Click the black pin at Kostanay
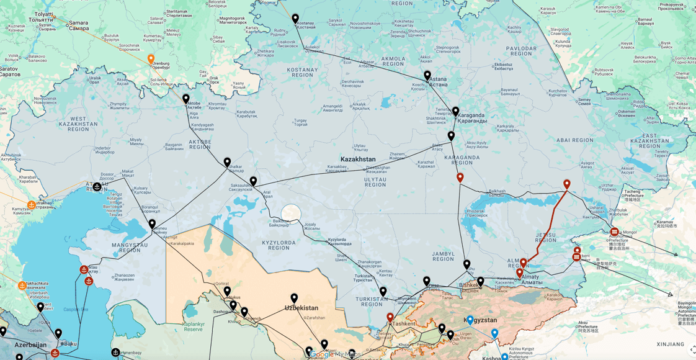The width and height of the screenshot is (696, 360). coord(295,19)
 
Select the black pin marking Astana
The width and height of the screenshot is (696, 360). coord(427,75)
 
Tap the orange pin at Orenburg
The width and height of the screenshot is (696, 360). coord(151,59)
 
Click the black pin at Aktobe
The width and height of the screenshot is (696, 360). coord(186,99)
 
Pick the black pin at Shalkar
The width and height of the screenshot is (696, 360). coord(228,162)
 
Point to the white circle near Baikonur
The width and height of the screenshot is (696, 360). coord(291,214)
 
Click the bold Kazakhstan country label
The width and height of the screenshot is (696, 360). coord(358,160)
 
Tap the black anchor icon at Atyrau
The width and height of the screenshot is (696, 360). coord(97,187)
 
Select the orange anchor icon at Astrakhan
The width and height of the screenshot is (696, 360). coord(32,205)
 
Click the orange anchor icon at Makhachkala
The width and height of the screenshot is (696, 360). coord(22,286)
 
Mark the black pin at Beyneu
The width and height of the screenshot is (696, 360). coord(152,224)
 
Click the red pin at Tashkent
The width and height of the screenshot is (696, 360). coord(390,317)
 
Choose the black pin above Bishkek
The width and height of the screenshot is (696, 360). coord(467,264)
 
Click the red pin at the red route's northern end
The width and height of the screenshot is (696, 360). coord(567,184)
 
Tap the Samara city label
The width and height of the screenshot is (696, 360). coord(79,25)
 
